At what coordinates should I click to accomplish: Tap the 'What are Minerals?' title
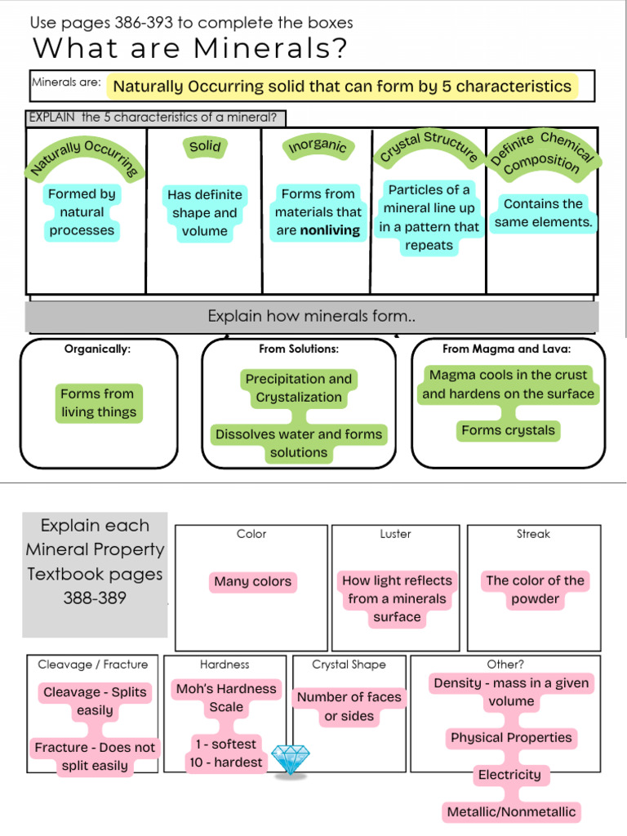189,49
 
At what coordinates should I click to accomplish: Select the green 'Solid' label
205,147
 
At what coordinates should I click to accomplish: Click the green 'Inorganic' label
318,147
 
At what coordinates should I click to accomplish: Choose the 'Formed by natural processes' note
82,212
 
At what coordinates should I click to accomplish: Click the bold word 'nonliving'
330,230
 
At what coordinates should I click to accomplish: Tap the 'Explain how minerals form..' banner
312,316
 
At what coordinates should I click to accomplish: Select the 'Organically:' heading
97,349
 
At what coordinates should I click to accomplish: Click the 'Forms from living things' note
98,402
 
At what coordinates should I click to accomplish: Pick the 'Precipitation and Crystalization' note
299,388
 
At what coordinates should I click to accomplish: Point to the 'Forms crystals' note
508,430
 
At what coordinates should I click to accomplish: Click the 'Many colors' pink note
252,582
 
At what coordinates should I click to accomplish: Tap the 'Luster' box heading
396,534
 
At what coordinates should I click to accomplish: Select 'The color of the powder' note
535,589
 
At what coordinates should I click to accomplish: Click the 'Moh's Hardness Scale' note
226,698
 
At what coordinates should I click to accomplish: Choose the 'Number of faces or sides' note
349,706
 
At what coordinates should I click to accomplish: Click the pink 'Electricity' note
509,775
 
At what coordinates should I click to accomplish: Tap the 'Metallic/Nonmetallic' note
511,812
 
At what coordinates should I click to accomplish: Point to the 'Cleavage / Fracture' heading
93,665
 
